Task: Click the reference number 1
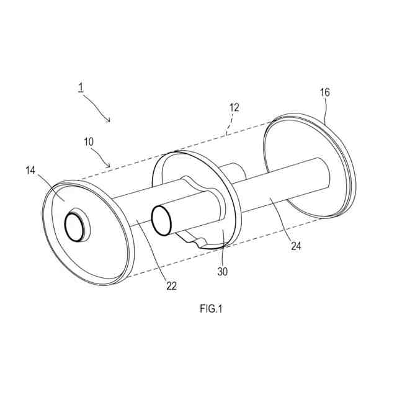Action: (81, 87)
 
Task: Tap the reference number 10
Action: (89, 142)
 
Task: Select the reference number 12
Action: (234, 107)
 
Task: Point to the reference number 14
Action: (30, 171)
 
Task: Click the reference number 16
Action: (325, 92)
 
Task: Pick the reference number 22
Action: (171, 286)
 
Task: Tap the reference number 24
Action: (296, 246)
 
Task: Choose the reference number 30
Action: (223, 272)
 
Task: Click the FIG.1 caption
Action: (211, 309)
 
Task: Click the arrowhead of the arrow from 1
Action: (109, 120)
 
